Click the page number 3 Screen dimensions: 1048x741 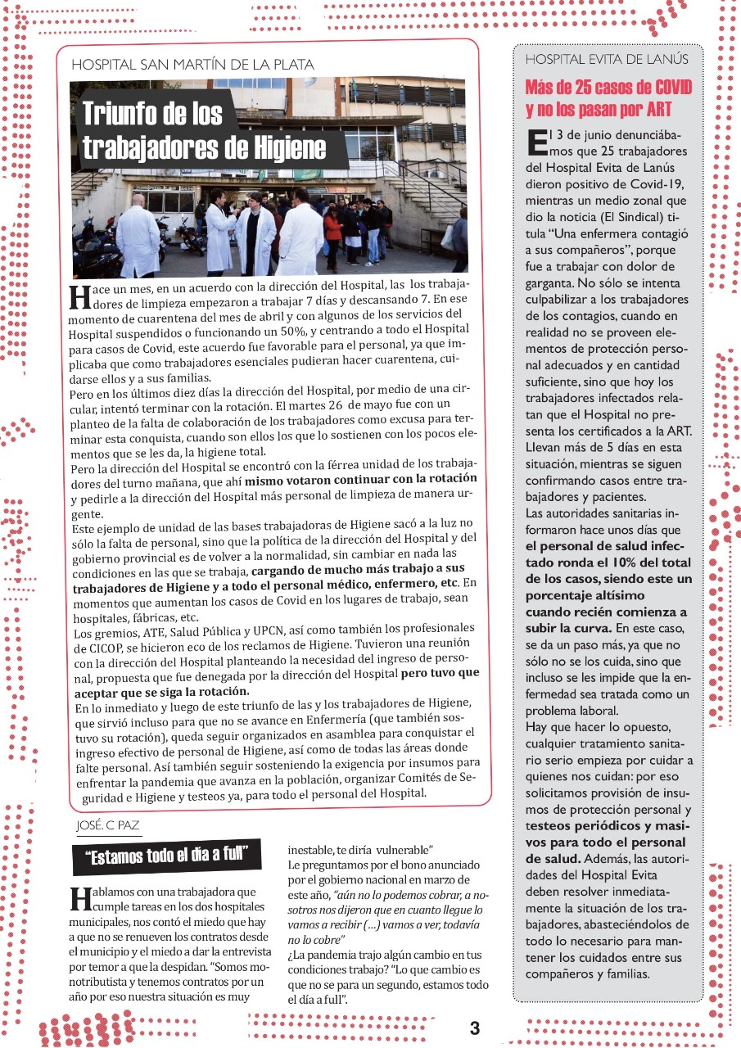[x=475, y=1028]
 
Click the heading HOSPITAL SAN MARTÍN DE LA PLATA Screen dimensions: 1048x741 [x=192, y=64]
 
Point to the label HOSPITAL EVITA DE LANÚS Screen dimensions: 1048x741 [x=606, y=59]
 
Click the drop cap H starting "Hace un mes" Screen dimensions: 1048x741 [x=79, y=296]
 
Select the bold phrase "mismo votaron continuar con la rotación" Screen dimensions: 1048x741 [x=361, y=480]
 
